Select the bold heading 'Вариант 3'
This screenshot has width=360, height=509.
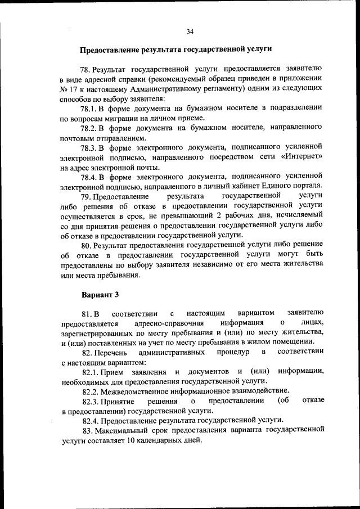coord(100,294)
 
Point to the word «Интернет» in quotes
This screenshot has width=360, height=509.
coord(303,157)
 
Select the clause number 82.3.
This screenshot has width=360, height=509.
coord(92,400)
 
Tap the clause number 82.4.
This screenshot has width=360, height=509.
coord(92,420)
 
